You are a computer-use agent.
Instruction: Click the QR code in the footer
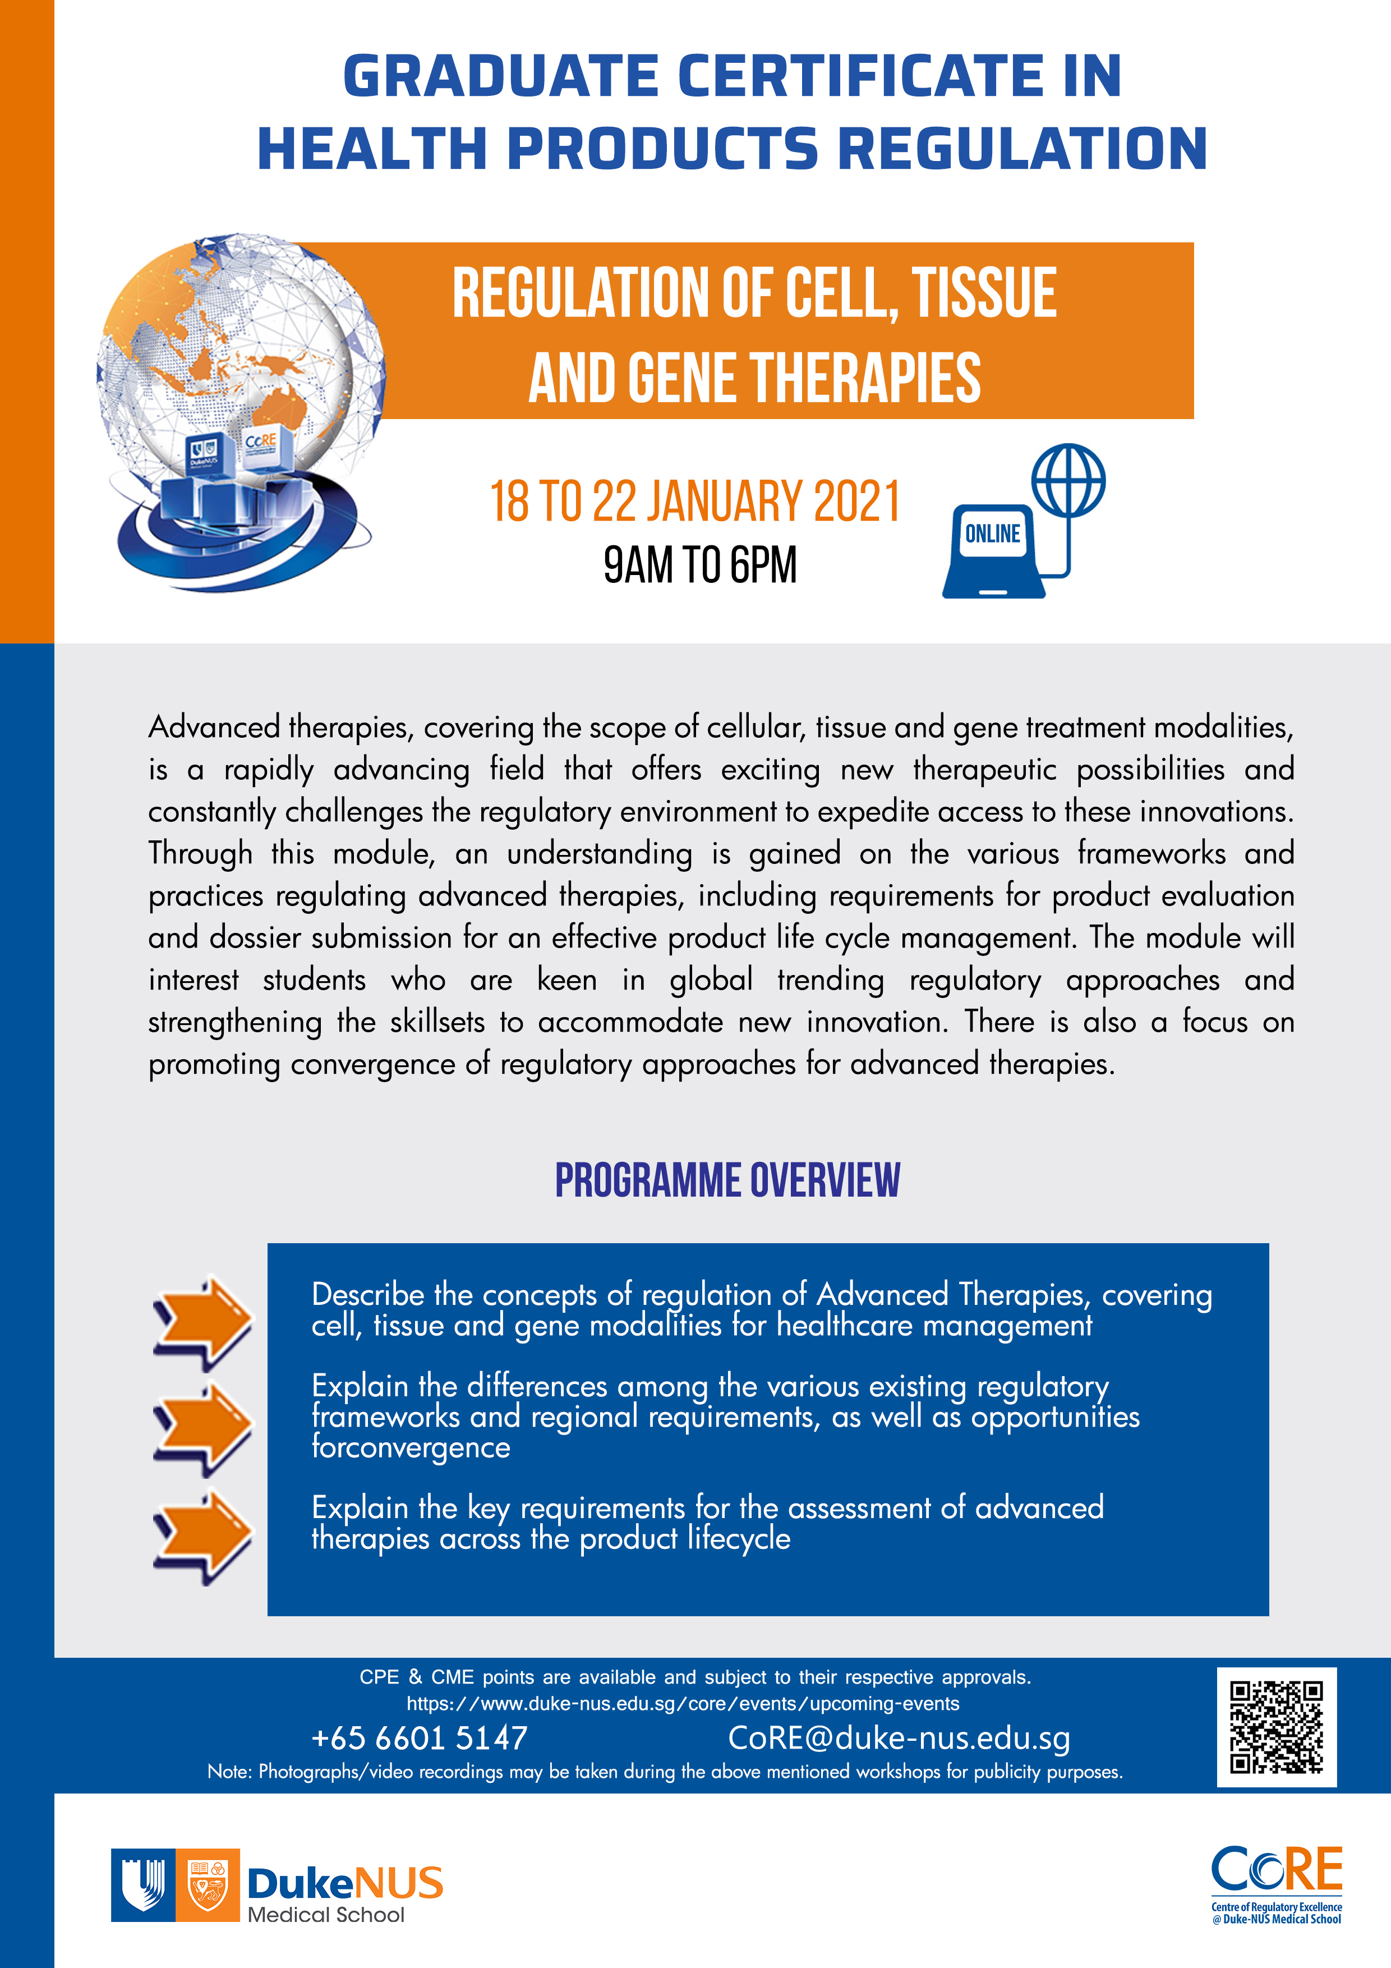tap(1275, 1726)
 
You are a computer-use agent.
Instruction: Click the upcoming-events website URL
tap(683, 1704)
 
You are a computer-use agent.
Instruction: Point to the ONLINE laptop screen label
tap(992, 534)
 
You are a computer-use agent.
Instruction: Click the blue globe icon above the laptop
tap(1068, 480)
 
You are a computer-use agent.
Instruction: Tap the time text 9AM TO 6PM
tap(700, 565)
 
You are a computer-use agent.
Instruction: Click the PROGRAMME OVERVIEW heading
tap(727, 1180)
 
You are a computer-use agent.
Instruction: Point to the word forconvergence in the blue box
tap(411, 1448)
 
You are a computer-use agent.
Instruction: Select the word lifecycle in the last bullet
tap(739, 1539)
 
